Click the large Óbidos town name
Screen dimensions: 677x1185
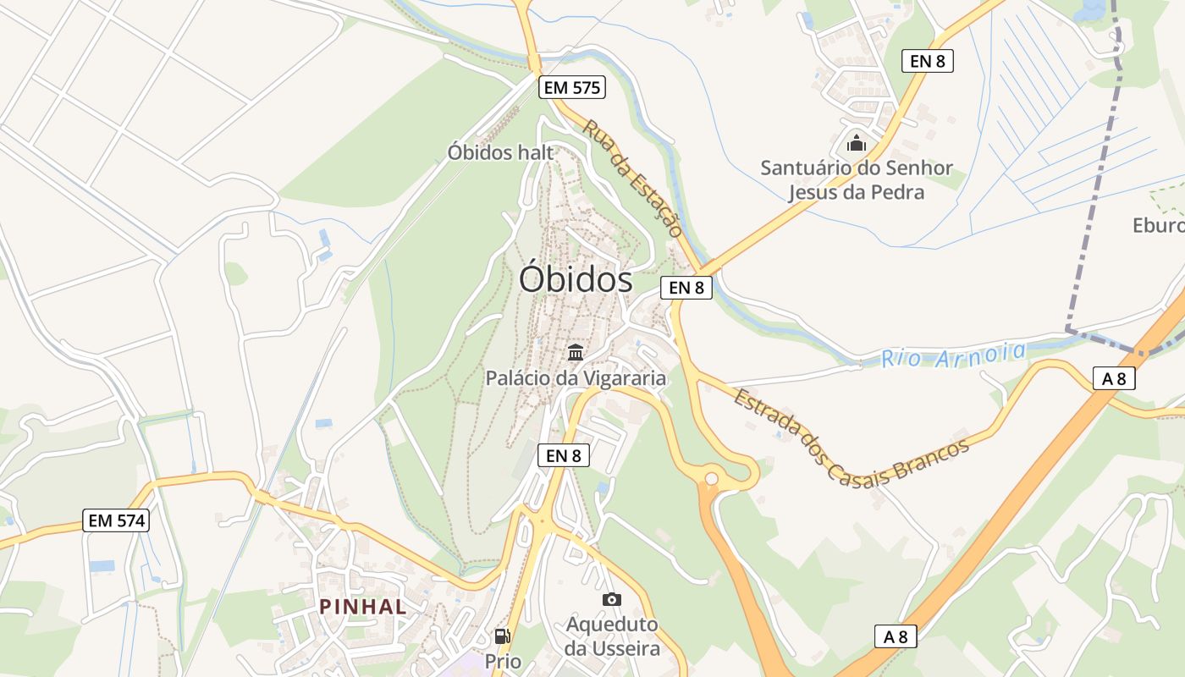pos(576,279)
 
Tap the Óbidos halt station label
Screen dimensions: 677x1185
pos(500,152)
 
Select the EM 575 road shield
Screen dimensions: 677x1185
pos(572,86)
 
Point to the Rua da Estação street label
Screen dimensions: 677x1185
pos(633,178)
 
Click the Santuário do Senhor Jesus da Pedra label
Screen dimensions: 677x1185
pos(857,179)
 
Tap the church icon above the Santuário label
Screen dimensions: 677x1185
pos(857,143)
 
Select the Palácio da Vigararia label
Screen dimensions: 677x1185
pos(576,378)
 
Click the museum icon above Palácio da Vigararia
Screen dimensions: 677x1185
pos(576,352)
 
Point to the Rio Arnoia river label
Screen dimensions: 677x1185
pos(953,355)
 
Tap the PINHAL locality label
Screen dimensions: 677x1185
pos(363,606)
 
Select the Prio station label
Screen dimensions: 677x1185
pos(503,660)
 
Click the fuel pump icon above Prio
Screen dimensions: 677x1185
pos(502,636)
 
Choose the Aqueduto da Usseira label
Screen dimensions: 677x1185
pos(612,636)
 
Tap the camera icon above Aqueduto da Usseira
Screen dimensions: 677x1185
pos(612,599)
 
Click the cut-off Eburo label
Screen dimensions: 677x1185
pos(1158,225)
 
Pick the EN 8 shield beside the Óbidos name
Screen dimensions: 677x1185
pos(686,288)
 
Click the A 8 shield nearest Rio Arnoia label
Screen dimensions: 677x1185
pos(1115,378)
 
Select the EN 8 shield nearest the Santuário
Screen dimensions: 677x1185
pos(928,61)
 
